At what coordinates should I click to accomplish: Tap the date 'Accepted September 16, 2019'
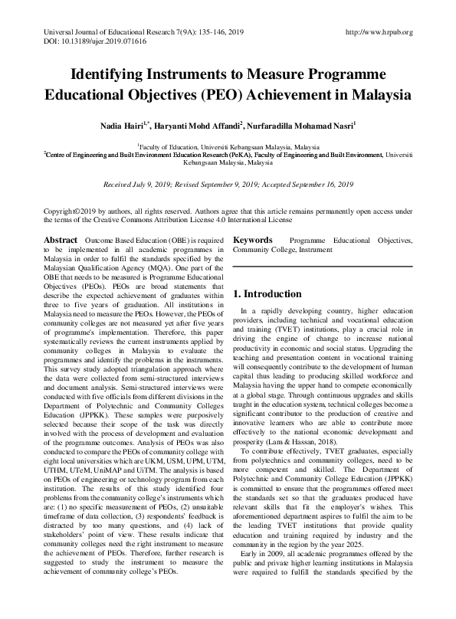[309, 185]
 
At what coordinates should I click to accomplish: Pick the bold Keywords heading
[253, 240]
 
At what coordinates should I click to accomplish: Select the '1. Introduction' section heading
[268, 294]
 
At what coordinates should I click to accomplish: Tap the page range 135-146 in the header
[203, 31]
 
